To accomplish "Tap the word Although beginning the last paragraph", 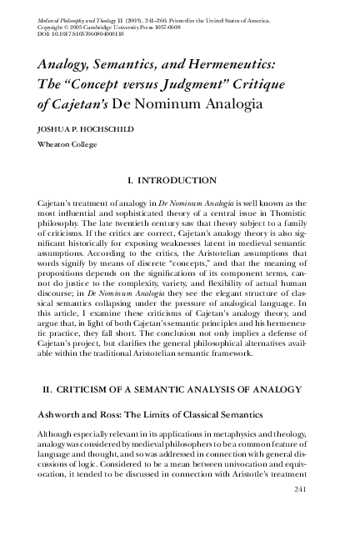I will [x=57, y=436].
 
